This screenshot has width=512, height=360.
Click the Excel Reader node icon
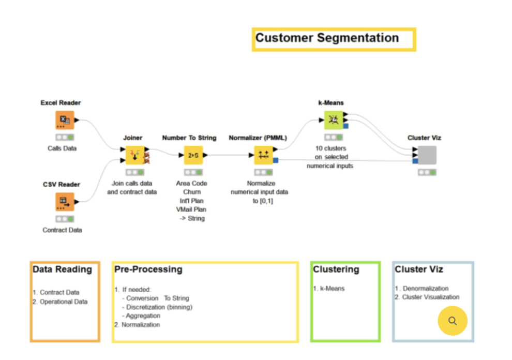pyautogui.click(x=65, y=120)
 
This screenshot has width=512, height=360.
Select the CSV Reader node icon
pyautogui.click(x=65, y=202)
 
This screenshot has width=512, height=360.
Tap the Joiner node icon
pyautogui.click(x=135, y=155)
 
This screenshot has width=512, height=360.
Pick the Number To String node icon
pyautogui.click(x=193, y=155)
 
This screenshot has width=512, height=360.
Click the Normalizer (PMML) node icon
pyautogui.click(x=264, y=155)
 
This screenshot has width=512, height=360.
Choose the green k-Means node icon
pyautogui.click(x=334, y=120)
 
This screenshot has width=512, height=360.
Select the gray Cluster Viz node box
pyautogui.click(x=427, y=155)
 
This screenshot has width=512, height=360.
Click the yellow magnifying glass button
pyautogui.click(x=452, y=321)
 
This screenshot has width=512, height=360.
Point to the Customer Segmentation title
pyautogui.click(x=327, y=38)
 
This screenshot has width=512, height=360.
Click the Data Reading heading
pyautogui.click(x=63, y=269)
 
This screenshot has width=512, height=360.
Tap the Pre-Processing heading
pyautogui.click(x=148, y=269)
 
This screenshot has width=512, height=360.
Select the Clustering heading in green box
pyautogui.click(x=336, y=269)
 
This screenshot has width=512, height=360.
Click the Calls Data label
pyautogui.click(x=62, y=148)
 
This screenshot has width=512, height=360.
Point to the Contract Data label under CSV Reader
pyautogui.click(x=62, y=230)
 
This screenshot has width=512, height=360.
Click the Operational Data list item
pyautogui.click(x=64, y=302)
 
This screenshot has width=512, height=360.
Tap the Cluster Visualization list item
pyautogui.click(x=431, y=297)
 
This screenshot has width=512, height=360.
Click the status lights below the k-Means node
pyautogui.click(x=334, y=137)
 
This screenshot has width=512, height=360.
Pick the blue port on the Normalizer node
pyautogui.click(x=276, y=160)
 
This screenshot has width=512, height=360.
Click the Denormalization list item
pyautogui.click(x=426, y=289)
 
